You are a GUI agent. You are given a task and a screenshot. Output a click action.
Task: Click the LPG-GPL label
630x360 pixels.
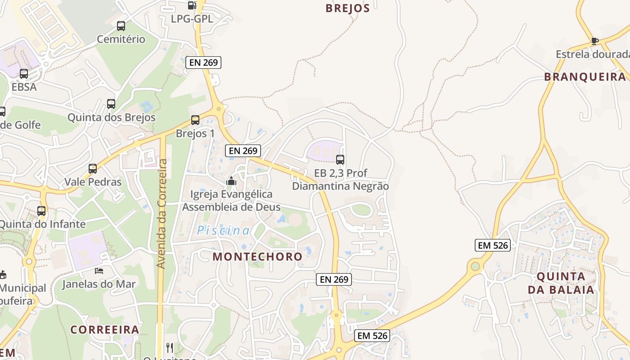[192, 19]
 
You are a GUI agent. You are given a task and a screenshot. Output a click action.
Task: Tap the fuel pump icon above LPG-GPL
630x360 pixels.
[192, 5]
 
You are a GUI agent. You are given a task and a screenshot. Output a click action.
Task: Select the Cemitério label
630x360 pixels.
[121, 39]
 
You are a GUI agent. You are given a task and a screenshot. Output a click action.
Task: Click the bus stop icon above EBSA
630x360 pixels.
[24, 73]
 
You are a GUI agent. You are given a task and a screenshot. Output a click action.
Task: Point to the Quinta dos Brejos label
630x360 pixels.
[111, 117]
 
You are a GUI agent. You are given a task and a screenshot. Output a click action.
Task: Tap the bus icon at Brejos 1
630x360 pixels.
[195, 120]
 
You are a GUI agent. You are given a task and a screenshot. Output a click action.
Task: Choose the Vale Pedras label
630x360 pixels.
[93, 182]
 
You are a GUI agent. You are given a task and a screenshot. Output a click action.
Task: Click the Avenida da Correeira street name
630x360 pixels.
[162, 214]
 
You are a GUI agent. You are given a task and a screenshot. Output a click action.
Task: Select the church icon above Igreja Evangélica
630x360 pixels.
[231, 181]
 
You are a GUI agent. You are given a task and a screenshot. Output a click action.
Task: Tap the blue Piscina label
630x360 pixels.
[223, 231]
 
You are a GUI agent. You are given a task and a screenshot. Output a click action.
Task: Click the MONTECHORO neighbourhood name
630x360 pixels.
[257, 256]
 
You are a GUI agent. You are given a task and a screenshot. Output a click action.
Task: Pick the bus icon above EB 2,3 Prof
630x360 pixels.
[340, 159]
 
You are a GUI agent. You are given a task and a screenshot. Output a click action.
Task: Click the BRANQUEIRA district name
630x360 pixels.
[585, 77]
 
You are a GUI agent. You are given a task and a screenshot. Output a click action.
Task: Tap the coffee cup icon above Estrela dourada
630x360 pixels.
[595, 41]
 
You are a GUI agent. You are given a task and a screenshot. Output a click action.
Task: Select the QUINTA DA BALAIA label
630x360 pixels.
[561, 283]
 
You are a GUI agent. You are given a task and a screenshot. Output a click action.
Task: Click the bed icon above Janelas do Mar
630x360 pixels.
[99, 270]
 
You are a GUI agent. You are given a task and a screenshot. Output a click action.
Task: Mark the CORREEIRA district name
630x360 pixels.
[104, 329]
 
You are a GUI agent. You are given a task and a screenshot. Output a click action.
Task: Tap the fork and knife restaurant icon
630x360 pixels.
[170, 347]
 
